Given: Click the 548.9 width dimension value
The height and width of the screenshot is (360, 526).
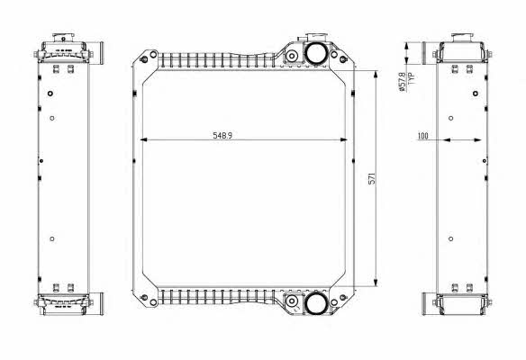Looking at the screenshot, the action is [x=222, y=135].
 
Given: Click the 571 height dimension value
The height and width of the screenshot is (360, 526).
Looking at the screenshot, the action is [x=372, y=178].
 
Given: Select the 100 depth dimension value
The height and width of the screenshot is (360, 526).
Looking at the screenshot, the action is [x=422, y=136].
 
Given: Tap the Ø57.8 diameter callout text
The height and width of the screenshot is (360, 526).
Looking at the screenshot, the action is [x=402, y=82].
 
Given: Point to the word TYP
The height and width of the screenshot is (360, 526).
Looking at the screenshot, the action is [x=412, y=78].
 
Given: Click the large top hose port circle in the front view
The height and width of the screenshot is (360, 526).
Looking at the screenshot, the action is [x=316, y=54].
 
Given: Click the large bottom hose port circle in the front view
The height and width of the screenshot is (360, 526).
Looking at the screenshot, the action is [x=316, y=302].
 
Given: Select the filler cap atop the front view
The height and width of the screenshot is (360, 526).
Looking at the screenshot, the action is [x=316, y=37].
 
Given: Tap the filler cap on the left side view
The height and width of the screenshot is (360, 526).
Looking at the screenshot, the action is [x=63, y=37].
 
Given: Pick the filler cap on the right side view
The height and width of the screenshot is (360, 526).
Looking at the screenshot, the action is [x=462, y=38].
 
